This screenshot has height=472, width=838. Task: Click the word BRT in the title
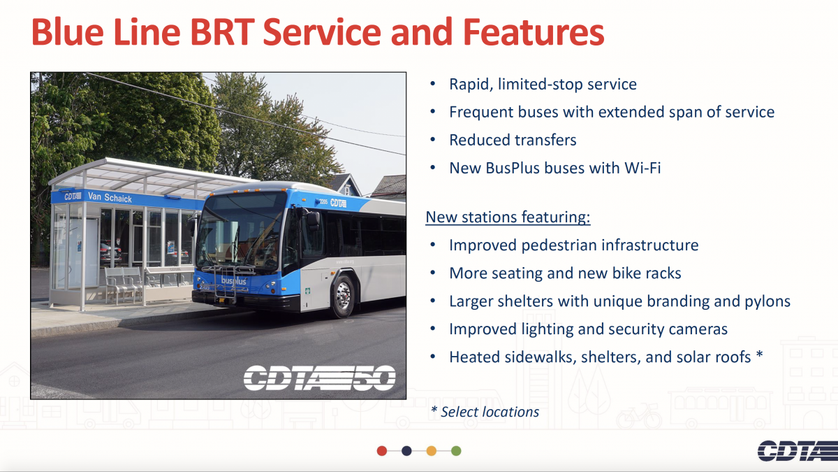tap(222, 32)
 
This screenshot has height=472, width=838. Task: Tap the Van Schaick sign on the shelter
tap(110, 197)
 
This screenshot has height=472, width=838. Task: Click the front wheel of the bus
tap(344, 296)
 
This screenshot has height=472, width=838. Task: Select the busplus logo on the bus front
tap(233, 280)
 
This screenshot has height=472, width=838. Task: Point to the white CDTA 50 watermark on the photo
tap(320, 378)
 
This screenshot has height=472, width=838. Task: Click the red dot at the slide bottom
tap(381, 450)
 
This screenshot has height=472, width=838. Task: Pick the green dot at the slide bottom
tap(456, 450)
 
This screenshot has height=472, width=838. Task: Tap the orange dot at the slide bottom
tap(432, 450)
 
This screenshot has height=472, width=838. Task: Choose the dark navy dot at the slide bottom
tap(406, 450)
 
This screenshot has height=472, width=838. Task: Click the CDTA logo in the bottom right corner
tap(797, 450)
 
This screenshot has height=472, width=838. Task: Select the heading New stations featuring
tap(508, 217)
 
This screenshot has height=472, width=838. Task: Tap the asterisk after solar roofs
tap(760, 354)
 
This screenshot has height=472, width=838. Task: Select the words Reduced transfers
tap(513, 140)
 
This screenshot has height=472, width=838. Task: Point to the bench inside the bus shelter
tap(124, 285)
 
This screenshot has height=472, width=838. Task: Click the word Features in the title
tap(533, 32)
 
